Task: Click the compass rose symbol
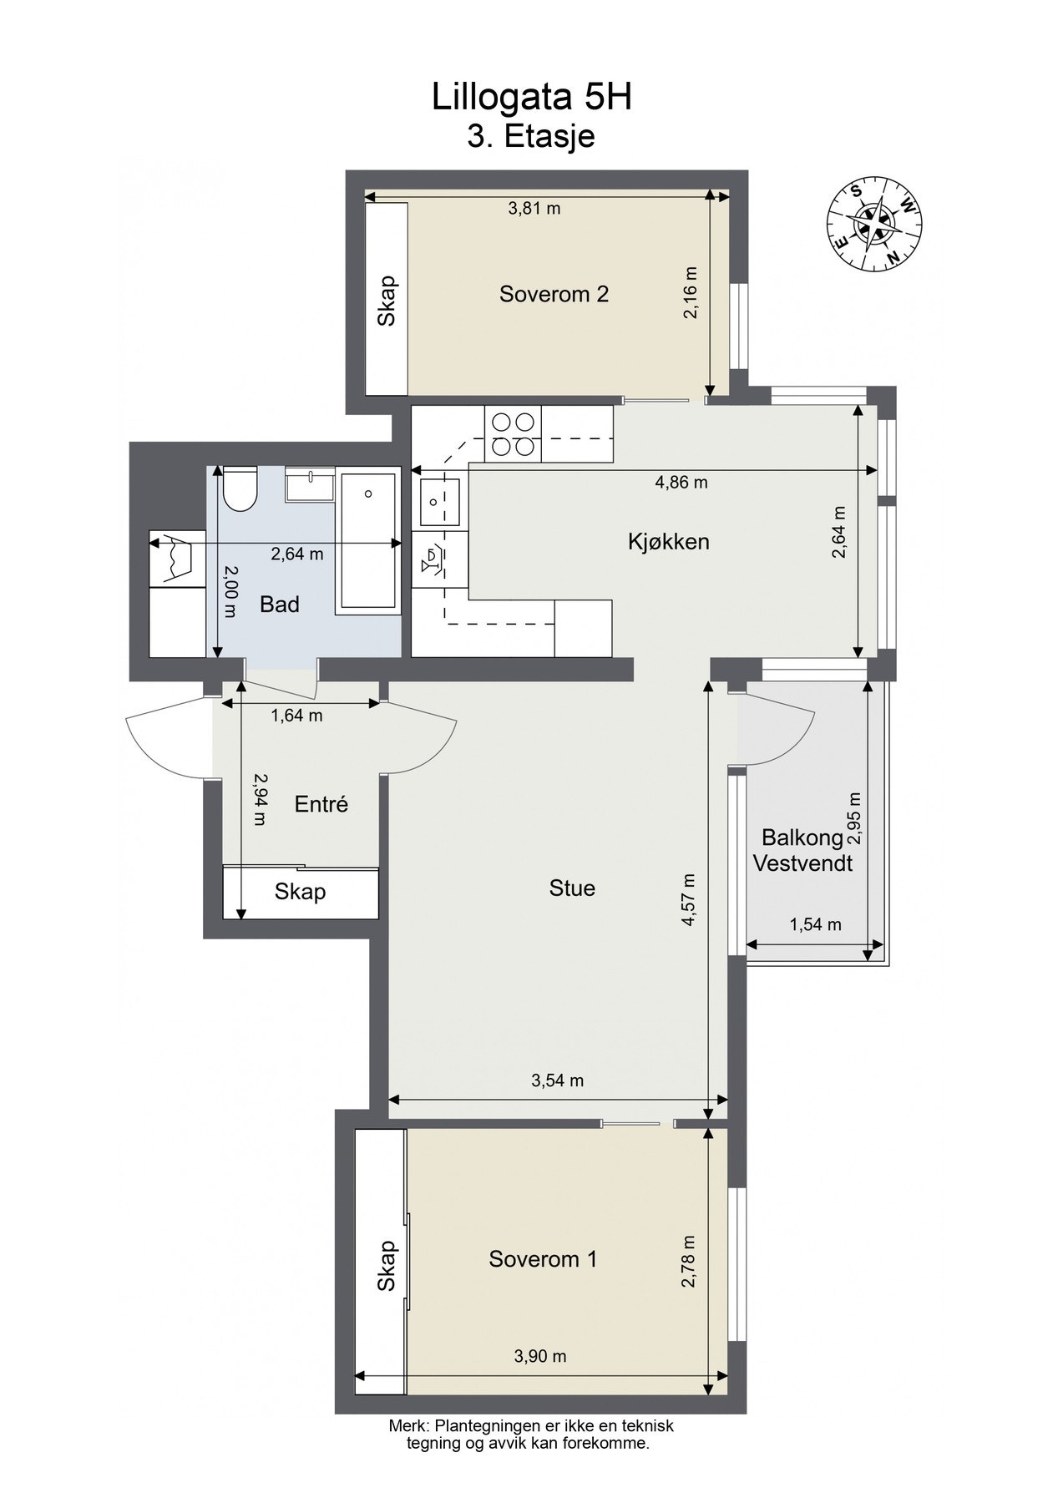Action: [873, 225]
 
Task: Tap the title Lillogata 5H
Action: [531, 98]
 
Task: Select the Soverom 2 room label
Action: [554, 294]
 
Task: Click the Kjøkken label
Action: [668, 541]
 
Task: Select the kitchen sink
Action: [439, 503]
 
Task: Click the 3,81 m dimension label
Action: [534, 209]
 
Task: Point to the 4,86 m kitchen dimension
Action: [681, 482]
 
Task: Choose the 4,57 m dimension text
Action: [689, 899]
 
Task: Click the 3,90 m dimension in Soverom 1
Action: [540, 1356]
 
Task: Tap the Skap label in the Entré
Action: [300, 893]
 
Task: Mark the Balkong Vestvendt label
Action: [802, 850]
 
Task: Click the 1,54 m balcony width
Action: [815, 924]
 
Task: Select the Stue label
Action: [572, 888]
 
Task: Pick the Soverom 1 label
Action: [543, 1259]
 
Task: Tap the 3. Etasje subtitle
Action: [531, 136]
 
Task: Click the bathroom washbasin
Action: [310, 485]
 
